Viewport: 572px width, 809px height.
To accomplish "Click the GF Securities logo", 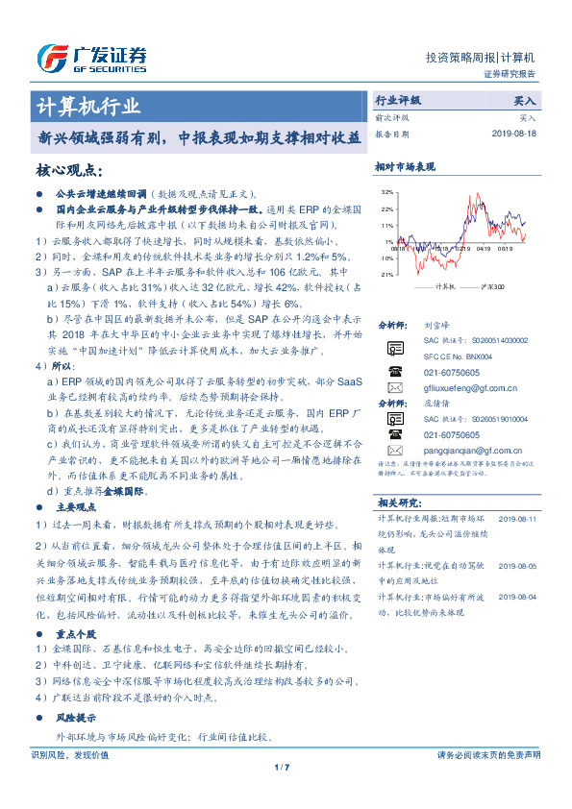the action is [x=91, y=59].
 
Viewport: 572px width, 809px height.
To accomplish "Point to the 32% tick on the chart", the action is [x=386, y=192].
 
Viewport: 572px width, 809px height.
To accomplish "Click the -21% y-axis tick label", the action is [x=386, y=274].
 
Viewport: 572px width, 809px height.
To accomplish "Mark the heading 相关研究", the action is [x=398, y=502].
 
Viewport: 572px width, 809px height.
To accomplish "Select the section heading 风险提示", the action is [x=77, y=718].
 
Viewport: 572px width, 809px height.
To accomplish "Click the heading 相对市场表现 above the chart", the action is [x=404, y=166].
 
